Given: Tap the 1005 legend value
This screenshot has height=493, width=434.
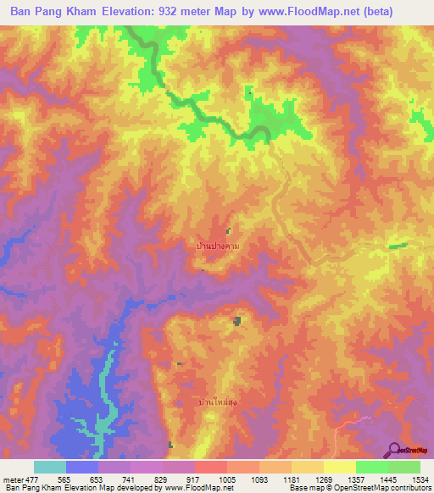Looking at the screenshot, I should pos(227,479).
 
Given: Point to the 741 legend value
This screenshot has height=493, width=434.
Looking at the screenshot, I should pos(131,479).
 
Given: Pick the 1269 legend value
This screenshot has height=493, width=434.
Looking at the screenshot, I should pos(324,479).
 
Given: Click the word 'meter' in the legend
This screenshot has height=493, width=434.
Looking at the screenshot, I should pos(14,479).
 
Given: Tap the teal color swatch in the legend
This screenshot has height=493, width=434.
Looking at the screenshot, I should pos(49,467).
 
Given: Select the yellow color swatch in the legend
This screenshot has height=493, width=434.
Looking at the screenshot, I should pos(339,467).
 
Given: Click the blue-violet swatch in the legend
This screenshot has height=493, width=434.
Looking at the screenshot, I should pos(81,467).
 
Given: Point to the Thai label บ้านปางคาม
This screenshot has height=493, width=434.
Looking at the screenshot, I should pos(218,246).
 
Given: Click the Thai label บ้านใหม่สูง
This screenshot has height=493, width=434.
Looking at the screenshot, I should pos(219,402).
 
